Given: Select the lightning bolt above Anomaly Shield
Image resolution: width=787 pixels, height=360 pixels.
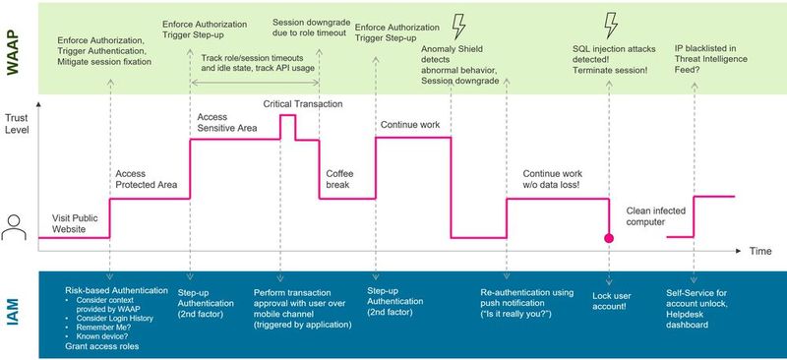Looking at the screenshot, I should point(457,24).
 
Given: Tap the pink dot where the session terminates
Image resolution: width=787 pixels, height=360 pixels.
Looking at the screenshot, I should point(609,238).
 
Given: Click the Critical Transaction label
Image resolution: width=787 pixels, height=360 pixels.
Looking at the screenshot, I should point(303,104).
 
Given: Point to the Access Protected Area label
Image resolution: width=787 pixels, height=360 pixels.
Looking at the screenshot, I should point(145,180).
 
